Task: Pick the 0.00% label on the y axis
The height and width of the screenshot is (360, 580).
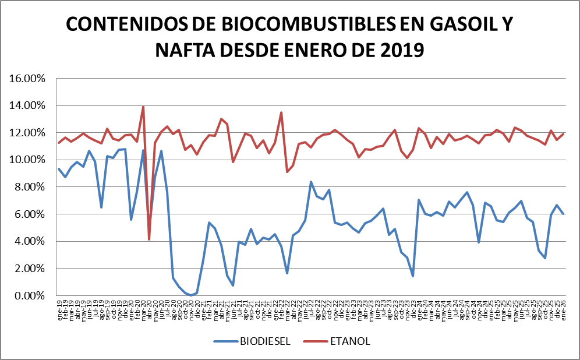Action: (x=28, y=296)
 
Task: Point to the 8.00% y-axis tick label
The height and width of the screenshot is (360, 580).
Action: (x=28, y=187)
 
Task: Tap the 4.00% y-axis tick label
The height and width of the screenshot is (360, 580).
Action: (x=28, y=242)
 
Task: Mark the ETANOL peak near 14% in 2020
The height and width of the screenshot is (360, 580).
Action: (x=143, y=107)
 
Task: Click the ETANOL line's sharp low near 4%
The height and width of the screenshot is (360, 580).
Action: (x=149, y=239)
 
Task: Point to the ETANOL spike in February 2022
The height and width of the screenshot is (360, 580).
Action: (x=281, y=112)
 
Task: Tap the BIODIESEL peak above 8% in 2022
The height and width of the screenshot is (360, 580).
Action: (x=311, y=182)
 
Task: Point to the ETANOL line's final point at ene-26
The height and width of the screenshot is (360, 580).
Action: (x=564, y=134)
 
